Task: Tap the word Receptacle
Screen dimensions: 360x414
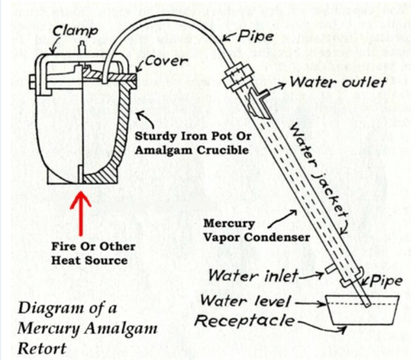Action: pos(245,321)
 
